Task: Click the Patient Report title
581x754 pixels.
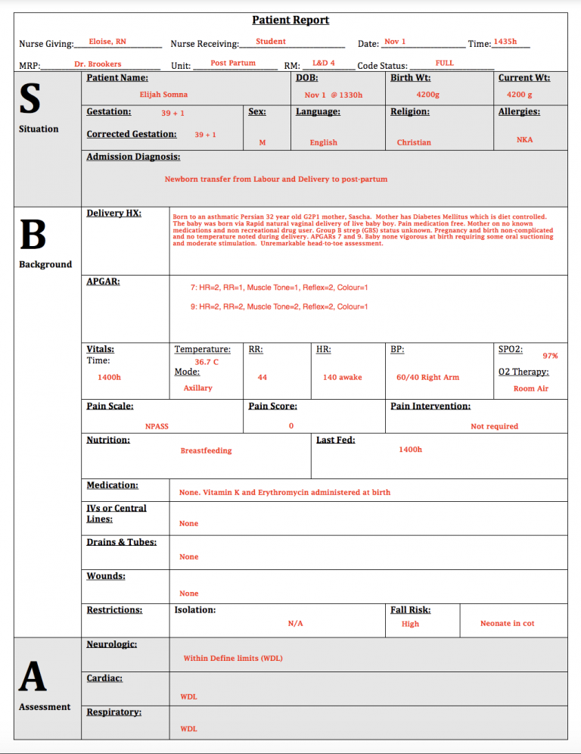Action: coord(290,20)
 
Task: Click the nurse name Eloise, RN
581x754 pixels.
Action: coord(107,42)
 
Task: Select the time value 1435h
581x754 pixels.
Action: coord(505,42)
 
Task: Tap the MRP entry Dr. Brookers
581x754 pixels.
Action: coord(98,64)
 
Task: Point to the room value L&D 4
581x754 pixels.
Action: coord(323,63)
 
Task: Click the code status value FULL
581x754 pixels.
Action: coord(444,63)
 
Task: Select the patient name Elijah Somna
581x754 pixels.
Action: coord(163,95)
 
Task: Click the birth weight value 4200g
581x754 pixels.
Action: coord(427,95)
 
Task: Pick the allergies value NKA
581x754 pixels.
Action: coord(524,140)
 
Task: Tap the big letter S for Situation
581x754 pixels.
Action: coord(30,98)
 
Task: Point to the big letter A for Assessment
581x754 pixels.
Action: coord(33,676)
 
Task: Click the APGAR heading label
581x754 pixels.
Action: coord(103,282)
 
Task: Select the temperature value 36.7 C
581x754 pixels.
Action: coord(206,362)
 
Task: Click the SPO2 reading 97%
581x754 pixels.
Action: coord(550,356)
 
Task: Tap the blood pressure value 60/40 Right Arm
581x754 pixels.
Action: coord(427,377)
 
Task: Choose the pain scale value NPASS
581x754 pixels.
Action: coord(157,426)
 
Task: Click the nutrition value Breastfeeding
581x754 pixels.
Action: coord(206,450)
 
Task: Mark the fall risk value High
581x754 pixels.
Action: coord(410,624)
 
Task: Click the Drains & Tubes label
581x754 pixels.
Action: coord(121,542)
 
